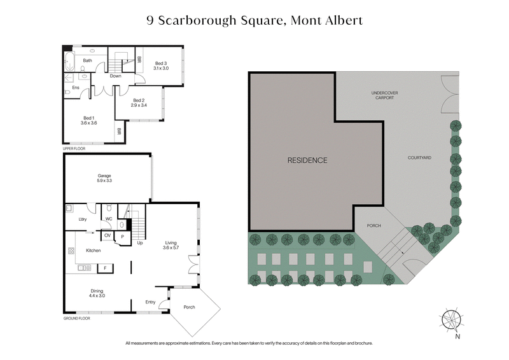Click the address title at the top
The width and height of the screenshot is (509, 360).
[254, 20]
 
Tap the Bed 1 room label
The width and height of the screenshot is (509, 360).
[88, 120]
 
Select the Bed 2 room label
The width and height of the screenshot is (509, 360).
[139, 102]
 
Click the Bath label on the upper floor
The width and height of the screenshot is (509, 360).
[87, 61]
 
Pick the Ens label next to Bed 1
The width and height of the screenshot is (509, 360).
[76, 88]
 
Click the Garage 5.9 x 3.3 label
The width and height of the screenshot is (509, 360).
[104, 179]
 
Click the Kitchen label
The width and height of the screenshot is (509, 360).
[94, 251]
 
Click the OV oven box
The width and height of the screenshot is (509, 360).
[107, 236]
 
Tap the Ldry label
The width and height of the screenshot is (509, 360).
[82, 219]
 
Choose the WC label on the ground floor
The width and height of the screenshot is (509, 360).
[108, 219]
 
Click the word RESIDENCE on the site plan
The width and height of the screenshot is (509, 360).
[307, 160]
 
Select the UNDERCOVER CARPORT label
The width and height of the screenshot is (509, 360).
[384, 95]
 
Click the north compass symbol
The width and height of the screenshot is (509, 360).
[453, 319]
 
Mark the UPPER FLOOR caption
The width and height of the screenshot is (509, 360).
[74, 148]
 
